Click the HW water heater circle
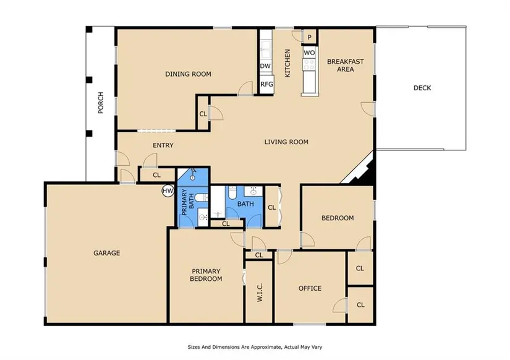point(168,191)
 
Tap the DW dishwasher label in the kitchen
point(265,66)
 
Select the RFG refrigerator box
point(266,84)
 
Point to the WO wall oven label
point(309,53)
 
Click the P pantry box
point(309,37)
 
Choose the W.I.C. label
point(260,293)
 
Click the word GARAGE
point(107,253)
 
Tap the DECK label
point(422,88)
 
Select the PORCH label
point(101,103)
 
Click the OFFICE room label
point(310,288)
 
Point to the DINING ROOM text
point(189,74)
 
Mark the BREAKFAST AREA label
point(346,65)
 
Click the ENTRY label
point(163,145)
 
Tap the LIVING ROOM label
point(286,142)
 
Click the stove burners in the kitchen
point(309,64)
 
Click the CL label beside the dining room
point(203,114)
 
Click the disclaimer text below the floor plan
point(255,347)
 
